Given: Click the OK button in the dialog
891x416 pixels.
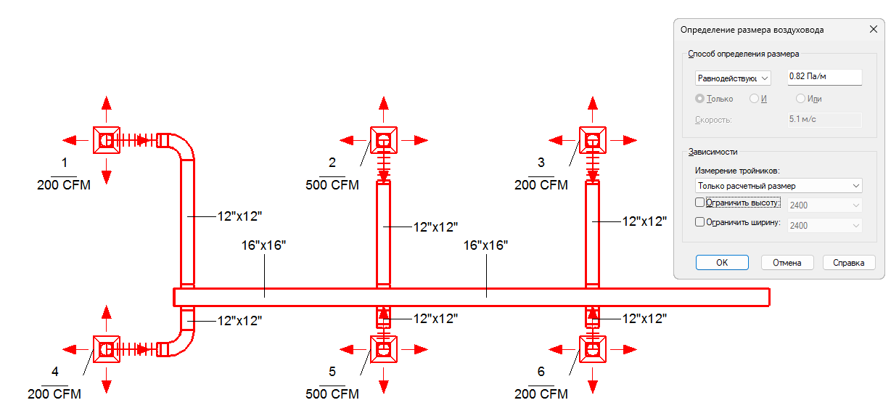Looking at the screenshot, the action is point(722,262).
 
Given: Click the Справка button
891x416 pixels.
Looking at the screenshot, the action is point(849,262).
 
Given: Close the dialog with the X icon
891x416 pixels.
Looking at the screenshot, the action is point(874,29).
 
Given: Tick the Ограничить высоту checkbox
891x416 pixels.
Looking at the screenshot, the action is point(699,203).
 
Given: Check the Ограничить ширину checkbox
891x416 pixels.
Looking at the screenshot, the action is point(699,221).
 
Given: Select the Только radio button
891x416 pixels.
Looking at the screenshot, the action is point(699,98).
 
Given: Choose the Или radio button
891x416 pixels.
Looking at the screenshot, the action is point(800,98).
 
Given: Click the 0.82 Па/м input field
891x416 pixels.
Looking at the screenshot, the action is point(824,77).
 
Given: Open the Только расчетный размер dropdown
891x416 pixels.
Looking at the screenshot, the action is point(779,186).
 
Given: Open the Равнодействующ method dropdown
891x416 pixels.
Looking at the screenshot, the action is point(733,78).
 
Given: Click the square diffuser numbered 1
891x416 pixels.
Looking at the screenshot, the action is point(106,140).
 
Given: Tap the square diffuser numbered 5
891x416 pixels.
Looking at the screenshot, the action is point(383,349).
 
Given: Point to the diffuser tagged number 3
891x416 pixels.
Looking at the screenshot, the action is point(593,140).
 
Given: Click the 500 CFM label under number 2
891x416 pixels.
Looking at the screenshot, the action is point(332,185).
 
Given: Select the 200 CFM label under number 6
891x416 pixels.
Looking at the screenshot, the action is point(541,394).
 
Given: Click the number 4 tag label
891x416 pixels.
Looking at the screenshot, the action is point(55,372).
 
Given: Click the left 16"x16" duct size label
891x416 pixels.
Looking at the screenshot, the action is point(263,245).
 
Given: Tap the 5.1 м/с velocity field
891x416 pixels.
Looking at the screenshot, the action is point(824,119).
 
